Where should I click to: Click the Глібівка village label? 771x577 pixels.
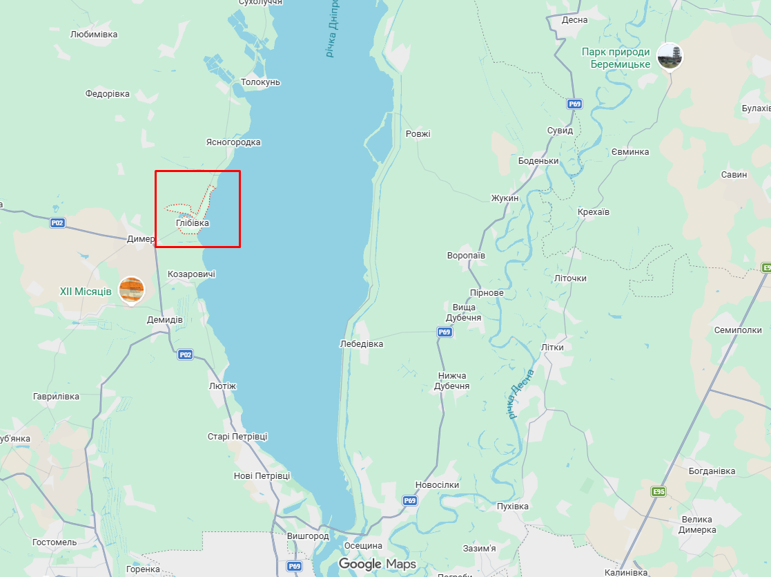tap(193, 223)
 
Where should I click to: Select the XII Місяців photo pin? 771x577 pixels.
tap(131, 290)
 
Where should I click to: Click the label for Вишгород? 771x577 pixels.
tap(308, 536)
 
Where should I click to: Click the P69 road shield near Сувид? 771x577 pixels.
tap(574, 104)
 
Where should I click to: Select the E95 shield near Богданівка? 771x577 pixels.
tap(658, 491)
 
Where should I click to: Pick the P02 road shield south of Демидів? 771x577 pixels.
tap(185, 354)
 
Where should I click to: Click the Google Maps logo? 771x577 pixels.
tap(377, 564)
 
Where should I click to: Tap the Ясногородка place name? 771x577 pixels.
tap(233, 142)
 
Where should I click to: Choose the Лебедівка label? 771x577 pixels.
tap(362, 343)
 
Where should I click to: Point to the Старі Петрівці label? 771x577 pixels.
tap(237, 437)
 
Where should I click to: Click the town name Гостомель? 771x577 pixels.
tap(55, 542)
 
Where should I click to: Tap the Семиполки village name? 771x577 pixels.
tap(738, 330)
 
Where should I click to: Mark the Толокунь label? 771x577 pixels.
tap(260, 82)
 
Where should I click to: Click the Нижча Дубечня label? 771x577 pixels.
tap(451, 381)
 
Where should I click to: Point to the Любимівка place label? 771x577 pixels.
tap(94, 34)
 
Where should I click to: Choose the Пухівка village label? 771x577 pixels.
tap(513, 507)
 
